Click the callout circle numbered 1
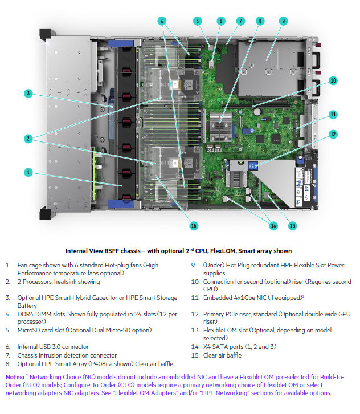pyautogui.click(x=27, y=172)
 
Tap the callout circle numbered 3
pyautogui.click(x=27, y=93)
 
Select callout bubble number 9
pyautogui.click(x=283, y=21)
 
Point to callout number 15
pyautogui.click(x=194, y=226)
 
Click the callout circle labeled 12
pyautogui.click(x=333, y=135)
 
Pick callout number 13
pyautogui.click(x=292, y=226)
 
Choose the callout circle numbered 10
pyautogui.click(x=333, y=80)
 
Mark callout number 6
pyautogui.click(x=220, y=21)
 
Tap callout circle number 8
pyautogui.click(x=260, y=21)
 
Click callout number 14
pyautogui.click(x=273, y=226)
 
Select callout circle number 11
pyautogui.click(x=333, y=114)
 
